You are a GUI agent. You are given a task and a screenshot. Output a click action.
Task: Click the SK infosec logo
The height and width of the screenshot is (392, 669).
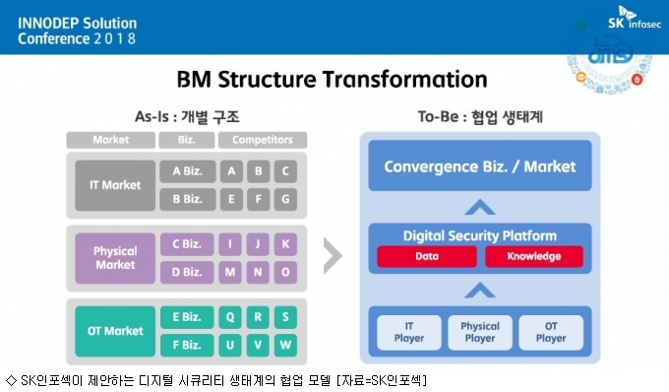[635, 18]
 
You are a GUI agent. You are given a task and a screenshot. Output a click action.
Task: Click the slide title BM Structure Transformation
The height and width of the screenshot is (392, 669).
[332, 80]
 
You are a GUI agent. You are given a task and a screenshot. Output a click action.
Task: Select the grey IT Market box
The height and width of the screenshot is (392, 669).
[115, 185]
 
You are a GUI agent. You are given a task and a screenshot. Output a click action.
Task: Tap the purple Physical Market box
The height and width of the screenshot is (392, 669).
[115, 258]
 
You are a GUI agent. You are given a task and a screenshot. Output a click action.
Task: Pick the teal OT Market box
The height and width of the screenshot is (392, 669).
[115, 331]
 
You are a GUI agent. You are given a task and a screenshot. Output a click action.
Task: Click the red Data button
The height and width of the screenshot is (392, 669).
[427, 256]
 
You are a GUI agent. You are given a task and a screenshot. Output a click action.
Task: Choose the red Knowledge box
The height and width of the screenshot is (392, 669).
[534, 256]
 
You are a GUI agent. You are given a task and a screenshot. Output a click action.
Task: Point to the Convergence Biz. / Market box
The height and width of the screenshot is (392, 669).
[480, 165]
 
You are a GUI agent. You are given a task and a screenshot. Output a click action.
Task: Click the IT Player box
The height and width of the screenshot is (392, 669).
[409, 332]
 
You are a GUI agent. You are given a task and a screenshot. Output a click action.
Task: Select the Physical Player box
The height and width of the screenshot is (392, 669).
[480, 332]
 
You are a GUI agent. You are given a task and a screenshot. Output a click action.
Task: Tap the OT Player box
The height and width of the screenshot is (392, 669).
[551, 332]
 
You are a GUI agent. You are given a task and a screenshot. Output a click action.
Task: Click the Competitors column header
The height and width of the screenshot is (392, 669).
[263, 140]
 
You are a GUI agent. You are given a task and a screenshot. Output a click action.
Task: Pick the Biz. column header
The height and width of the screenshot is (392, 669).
[187, 140]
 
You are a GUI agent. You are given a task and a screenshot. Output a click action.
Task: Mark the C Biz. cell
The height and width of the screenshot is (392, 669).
[187, 244]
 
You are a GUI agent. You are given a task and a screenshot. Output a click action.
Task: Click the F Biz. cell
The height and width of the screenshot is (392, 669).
[187, 345]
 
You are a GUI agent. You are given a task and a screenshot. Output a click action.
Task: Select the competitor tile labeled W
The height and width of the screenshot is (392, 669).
[285, 345]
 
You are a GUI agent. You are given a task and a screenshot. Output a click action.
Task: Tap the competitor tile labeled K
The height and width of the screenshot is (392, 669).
[285, 244]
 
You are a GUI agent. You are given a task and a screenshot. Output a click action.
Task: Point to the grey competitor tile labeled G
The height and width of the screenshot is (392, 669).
[285, 199]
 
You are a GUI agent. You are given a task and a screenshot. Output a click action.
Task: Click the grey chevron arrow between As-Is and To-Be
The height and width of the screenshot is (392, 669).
[333, 256]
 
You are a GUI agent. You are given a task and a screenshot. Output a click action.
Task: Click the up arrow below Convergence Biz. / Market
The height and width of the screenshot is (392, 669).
[480, 207]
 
